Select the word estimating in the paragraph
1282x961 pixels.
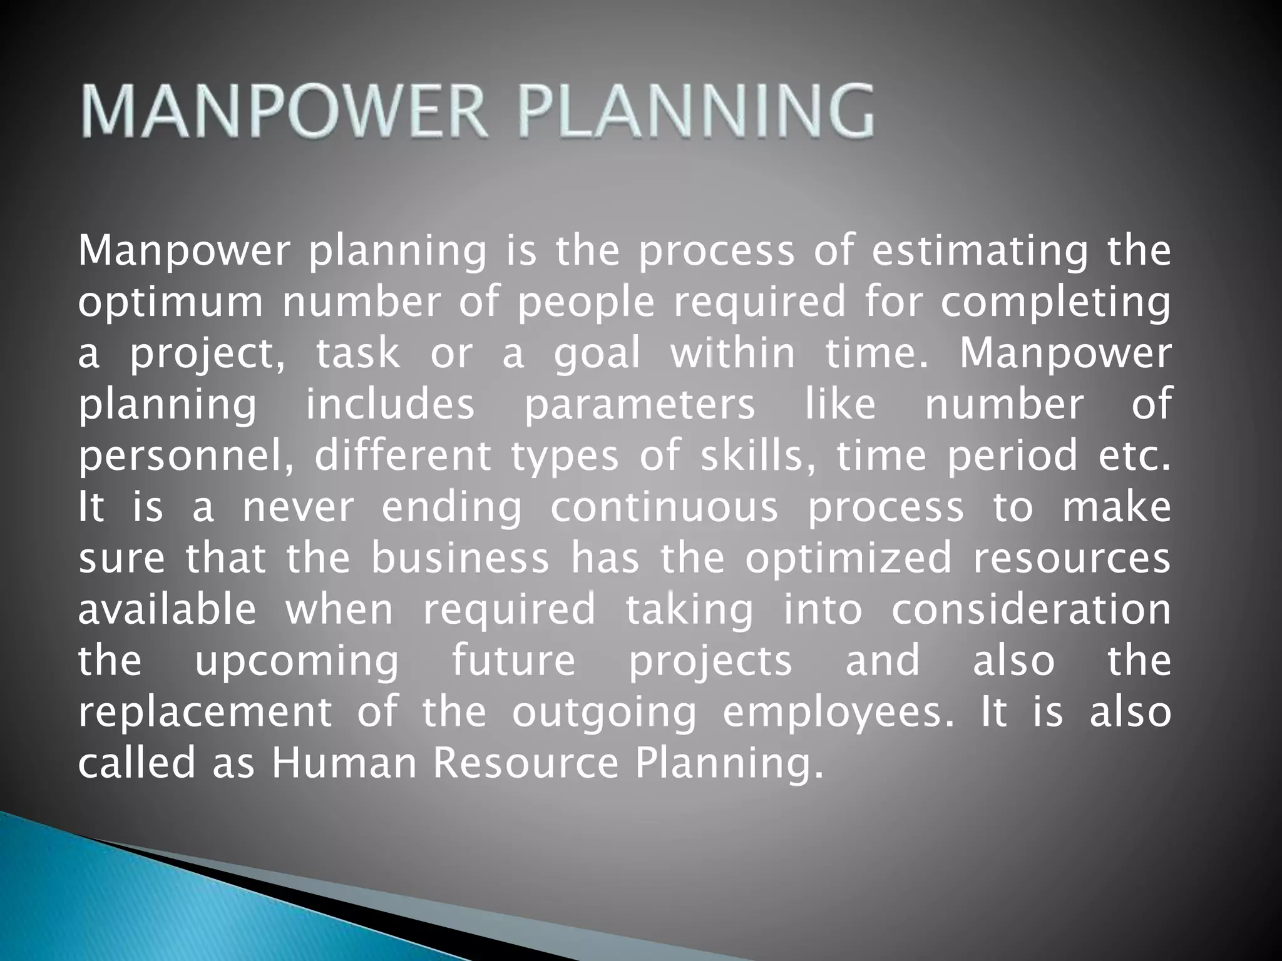(980, 252)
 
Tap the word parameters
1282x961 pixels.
(639, 405)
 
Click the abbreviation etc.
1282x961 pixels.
(1134, 456)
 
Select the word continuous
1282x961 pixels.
(664, 507)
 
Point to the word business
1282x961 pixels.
(459, 559)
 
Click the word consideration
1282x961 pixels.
(1030, 610)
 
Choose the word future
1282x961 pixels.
(513, 661)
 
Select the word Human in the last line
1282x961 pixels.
(344, 764)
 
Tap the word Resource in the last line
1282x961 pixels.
(526, 764)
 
